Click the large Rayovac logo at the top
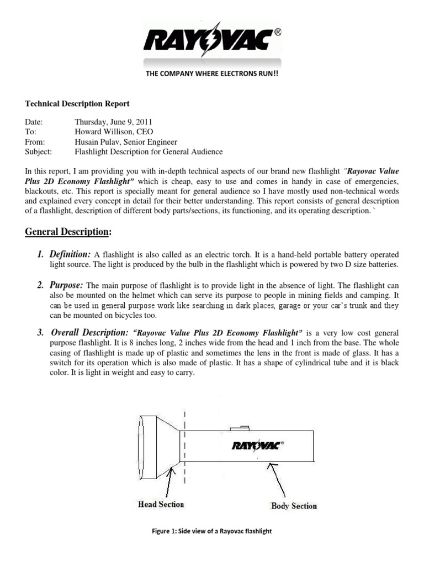point(211,40)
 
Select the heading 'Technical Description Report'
point(77,103)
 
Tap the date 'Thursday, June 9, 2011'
point(114,122)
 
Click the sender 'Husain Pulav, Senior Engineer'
point(126,141)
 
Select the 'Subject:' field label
point(39,151)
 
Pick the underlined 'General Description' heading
point(67,232)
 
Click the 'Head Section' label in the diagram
point(161,504)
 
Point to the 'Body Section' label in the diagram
point(294,505)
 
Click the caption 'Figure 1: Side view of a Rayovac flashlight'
point(212,531)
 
